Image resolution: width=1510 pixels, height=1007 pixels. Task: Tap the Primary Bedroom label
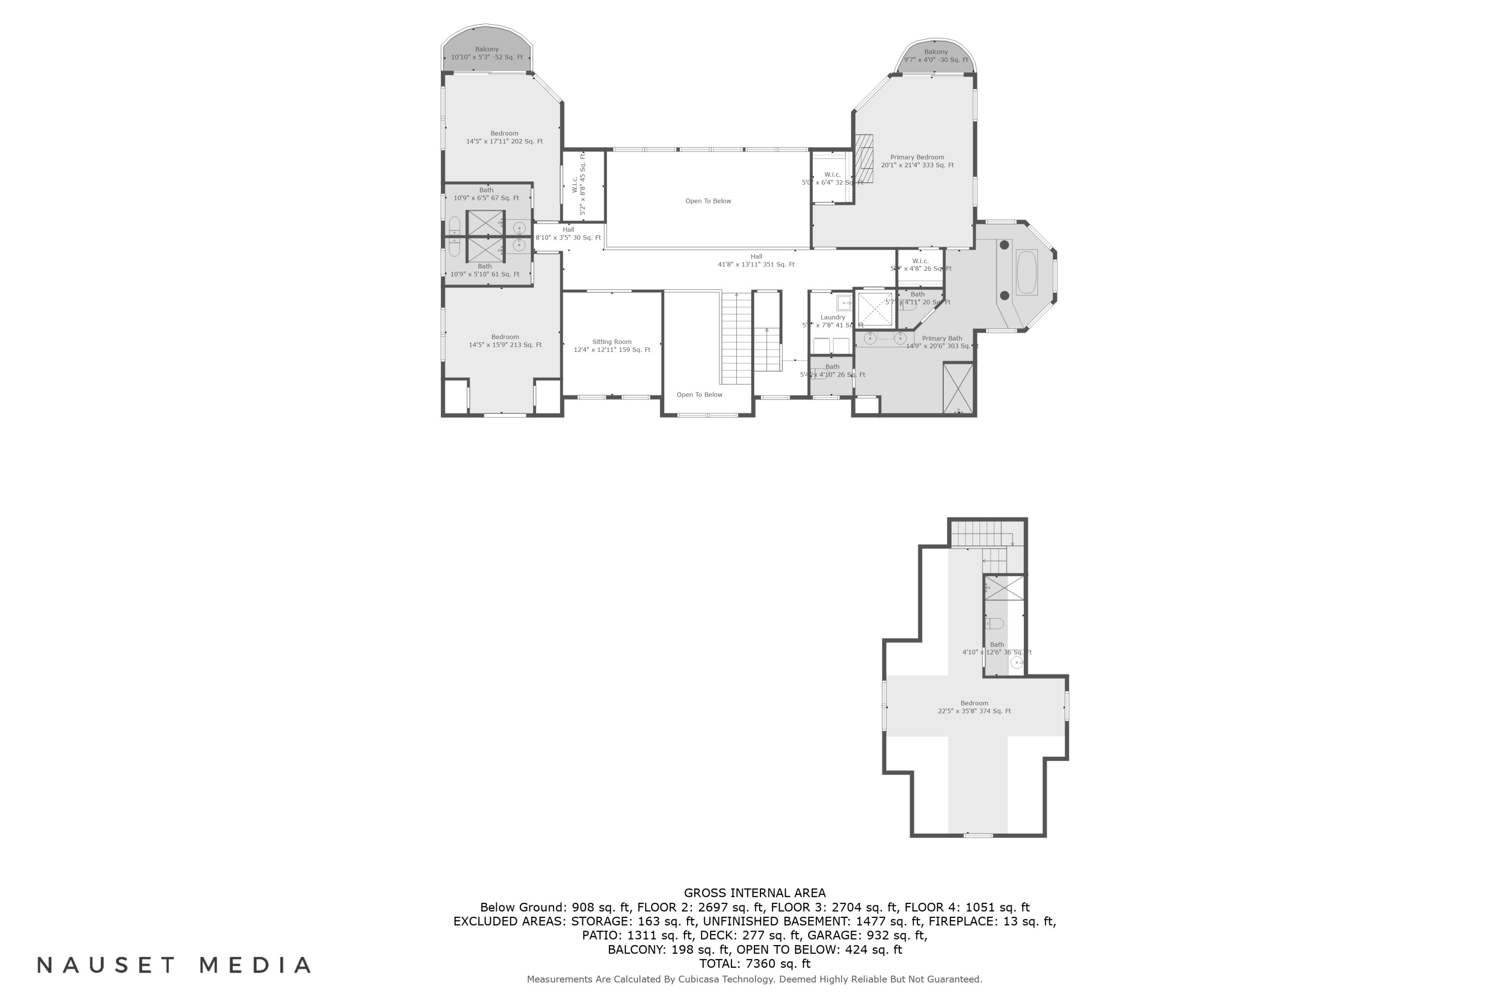coord(916,161)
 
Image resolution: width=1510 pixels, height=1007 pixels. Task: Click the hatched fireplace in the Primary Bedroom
coord(864,159)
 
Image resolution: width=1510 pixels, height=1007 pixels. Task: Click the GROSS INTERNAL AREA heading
coord(754,893)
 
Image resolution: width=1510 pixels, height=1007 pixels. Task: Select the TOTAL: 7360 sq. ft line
coord(754,963)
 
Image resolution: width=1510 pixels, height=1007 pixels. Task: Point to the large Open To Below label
coord(708,201)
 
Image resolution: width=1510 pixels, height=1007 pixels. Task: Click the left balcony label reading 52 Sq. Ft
coord(487,53)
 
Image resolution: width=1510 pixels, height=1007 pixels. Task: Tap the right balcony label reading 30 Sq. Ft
coord(935,56)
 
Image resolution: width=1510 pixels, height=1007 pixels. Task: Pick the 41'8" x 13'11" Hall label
coord(756,260)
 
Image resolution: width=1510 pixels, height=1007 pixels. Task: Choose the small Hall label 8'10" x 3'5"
coord(568,234)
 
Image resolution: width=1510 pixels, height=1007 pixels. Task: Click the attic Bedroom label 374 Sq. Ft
coord(974,707)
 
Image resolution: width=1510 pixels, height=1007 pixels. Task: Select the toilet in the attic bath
coord(995,623)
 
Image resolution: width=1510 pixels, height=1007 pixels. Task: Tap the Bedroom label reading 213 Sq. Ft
coord(505,341)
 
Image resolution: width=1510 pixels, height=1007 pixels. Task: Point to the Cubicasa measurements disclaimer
coord(754,979)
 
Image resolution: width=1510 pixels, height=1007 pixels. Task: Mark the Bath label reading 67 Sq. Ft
coord(486,194)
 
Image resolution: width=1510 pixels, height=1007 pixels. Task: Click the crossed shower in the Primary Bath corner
coord(958,388)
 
